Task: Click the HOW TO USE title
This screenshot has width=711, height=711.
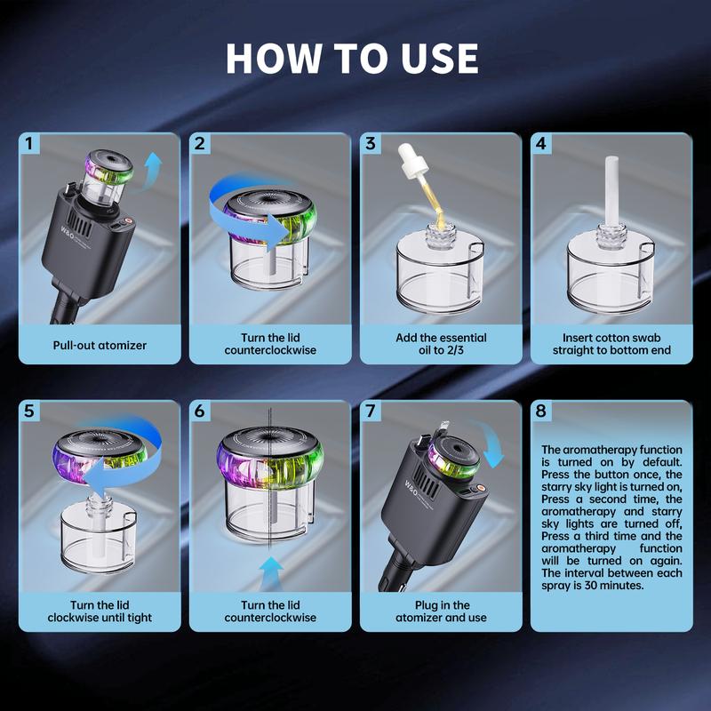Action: pyautogui.click(x=353, y=58)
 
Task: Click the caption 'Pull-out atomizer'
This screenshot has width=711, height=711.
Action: pyautogui.click(x=100, y=344)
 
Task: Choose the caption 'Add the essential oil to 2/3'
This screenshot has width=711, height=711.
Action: pyautogui.click(x=441, y=344)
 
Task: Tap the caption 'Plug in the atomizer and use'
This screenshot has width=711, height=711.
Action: pyautogui.click(x=441, y=611)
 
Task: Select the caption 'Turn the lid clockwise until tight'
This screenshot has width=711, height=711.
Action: pyautogui.click(x=100, y=611)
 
